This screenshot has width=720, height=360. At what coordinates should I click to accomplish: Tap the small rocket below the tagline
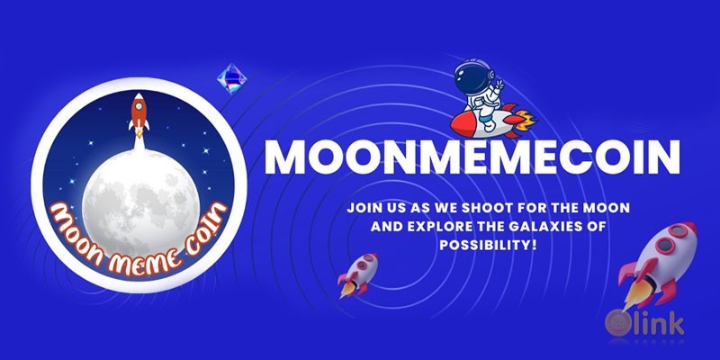point(357,274)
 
